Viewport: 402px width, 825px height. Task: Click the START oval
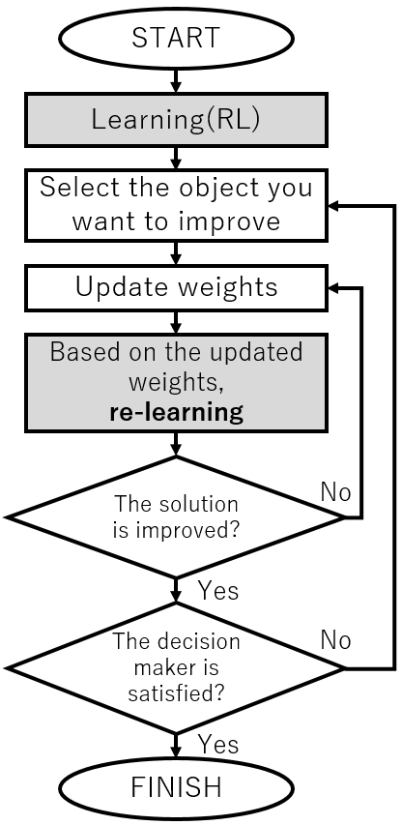[176, 38]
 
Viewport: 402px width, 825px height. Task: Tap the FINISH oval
[176, 787]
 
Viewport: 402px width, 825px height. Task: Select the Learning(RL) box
[176, 119]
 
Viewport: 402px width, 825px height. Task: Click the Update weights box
[176, 287]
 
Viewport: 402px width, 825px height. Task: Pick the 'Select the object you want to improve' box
[176, 205]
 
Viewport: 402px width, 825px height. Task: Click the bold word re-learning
[176, 412]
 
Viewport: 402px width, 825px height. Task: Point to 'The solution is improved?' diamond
[176, 517]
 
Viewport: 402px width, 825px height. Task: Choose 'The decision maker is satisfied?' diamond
[176, 668]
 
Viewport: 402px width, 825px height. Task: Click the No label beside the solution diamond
[335, 492]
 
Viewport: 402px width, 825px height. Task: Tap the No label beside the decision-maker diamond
[335, 640]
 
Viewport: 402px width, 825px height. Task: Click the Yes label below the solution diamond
[218, 590]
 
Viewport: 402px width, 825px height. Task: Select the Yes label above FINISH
[218, 744]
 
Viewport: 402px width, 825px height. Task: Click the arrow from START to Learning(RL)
[176, 80]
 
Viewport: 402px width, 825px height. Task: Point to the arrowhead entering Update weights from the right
[334, 288]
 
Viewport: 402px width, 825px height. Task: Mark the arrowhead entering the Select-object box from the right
[334, 206]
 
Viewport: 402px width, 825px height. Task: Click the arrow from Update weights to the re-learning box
[176, 322]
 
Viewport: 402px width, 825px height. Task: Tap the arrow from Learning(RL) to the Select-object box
[176, 158]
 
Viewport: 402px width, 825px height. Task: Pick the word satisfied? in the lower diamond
[177, 693]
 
